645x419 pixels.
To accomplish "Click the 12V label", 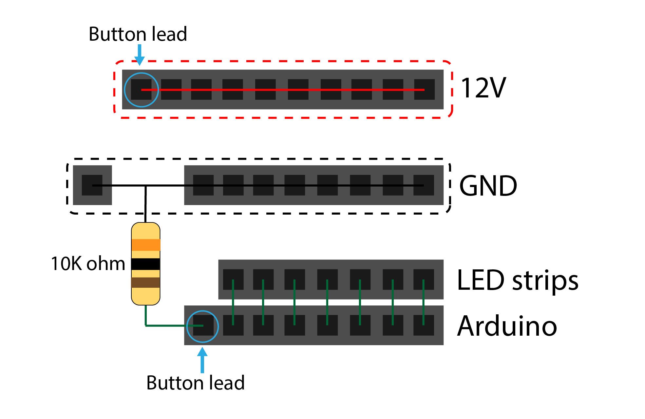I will point(483,88).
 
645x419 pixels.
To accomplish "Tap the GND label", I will point(488,186).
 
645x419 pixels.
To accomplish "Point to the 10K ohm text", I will point(88,263).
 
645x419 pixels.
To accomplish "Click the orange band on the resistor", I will point(145,245).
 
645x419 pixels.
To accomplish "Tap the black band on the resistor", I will point(145,264).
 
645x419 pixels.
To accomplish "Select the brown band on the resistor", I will point(145,283).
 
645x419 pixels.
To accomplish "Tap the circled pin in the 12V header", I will point(141,89).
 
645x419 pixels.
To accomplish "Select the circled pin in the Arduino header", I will point(203,325).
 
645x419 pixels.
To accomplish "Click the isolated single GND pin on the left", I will point(92,185).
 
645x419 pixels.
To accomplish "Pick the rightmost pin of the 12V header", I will point(424,89).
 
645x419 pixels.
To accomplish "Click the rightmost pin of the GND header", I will point(424,185).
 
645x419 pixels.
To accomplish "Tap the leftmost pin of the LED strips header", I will point(233,280).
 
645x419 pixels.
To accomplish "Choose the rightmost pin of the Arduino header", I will point(424,325).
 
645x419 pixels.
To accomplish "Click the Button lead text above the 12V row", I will point(138,34).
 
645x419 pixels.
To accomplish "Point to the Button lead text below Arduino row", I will point(195,383).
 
